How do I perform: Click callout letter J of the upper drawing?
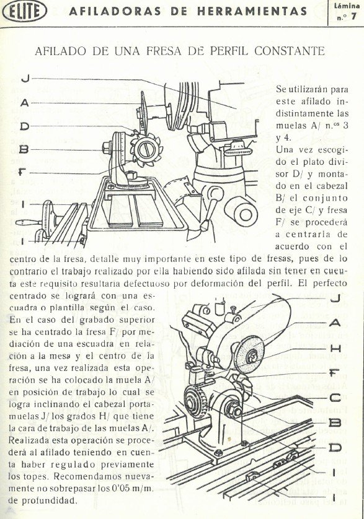click(25, 78)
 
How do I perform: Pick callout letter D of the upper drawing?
click(25, 126)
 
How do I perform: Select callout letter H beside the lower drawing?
click(335, 349)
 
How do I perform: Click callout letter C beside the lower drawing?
click(335, 398)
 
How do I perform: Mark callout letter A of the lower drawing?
click(335, 323)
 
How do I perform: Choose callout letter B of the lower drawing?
click(335, 423)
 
